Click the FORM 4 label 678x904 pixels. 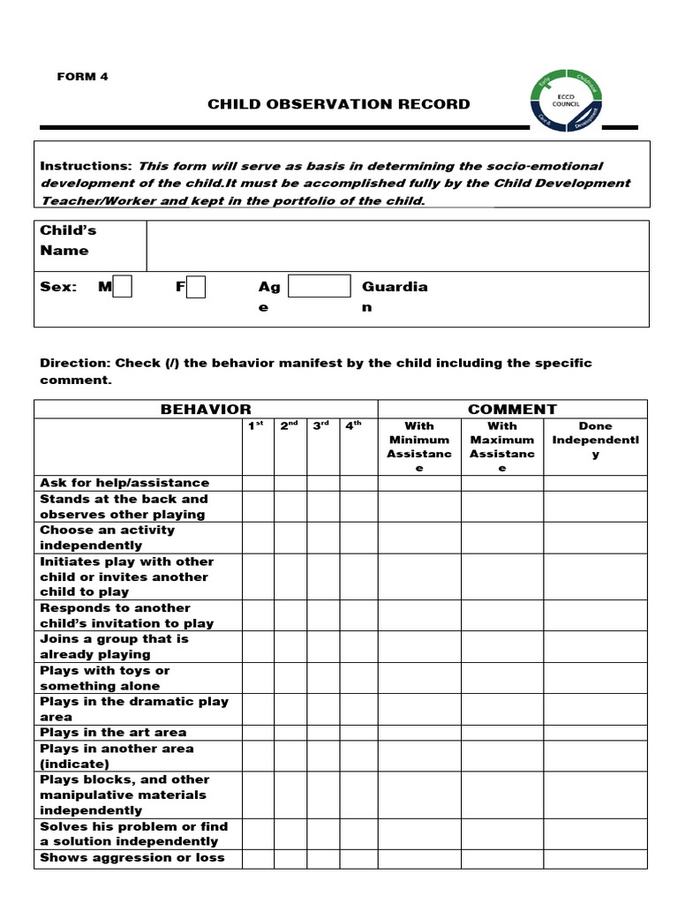82,77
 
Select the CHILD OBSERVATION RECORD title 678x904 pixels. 339,104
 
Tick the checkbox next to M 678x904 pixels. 123,287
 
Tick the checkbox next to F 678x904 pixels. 196,287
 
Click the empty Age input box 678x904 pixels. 320,286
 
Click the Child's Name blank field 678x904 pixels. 397,245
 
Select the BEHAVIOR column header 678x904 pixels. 206,409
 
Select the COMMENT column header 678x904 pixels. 512,409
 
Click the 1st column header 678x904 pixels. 257,426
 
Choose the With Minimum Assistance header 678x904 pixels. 419,446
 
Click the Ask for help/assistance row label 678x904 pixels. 124,483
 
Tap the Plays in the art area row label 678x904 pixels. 113,733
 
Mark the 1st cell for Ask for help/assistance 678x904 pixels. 258,483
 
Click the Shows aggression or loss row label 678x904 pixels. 132,858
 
